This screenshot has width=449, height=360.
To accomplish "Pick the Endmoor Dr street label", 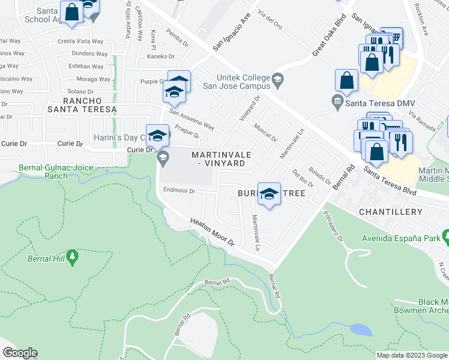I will (x=179, y=191).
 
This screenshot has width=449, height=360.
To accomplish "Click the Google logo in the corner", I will (x=19, y=353).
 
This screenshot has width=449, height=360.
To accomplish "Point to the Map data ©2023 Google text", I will (x=411, y=355).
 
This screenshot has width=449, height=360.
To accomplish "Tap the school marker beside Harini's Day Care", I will (x=157, y=136).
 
